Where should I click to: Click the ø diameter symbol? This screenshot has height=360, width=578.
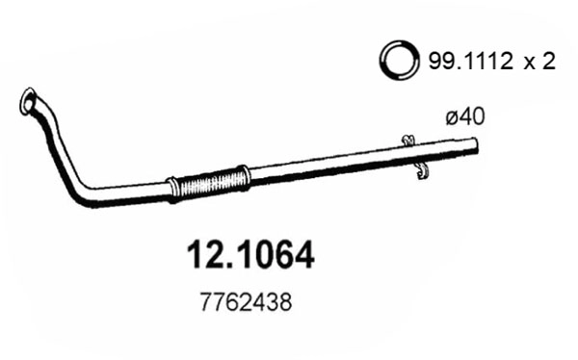[x=452, y=117]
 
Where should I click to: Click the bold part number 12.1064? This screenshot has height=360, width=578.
[x=249, y=255]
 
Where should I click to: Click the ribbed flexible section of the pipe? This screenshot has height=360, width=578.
[x=208, y=181]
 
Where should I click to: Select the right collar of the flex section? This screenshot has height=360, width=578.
[x=243, y=176]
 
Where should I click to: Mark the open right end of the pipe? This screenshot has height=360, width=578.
[x=477, y=145]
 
